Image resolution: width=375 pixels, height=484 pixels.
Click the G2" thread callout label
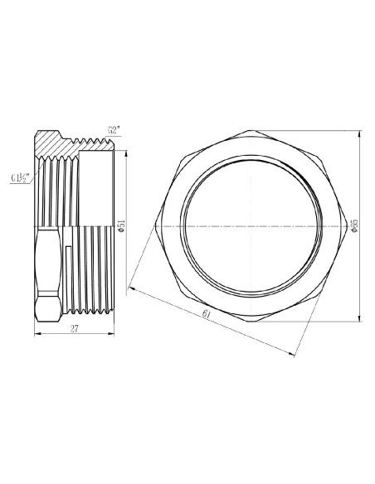pyautogui.click(x=114, y=129)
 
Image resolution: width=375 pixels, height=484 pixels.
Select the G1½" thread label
pyautogui.click(x=22, y=177)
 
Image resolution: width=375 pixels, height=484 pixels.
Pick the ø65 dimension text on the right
pyautogui.click(x=354, y=226)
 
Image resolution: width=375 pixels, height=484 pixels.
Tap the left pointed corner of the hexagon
pyautogui.click(x=156, y=225)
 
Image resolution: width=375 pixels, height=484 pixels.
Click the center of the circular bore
pyautogui.click(x=251, y=225)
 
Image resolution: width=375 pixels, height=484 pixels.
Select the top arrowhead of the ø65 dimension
pyautogui.click(x=359, y=133)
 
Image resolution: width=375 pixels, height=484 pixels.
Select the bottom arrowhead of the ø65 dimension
pyautogui.click(x=359, y=318)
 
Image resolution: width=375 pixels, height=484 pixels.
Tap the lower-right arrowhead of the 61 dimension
pyautogui.click(x=293, y=355)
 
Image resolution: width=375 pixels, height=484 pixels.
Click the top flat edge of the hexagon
pyautogui.click(x=251, y=130)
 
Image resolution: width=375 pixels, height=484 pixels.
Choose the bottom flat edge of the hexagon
pyautogui.click(x=251, y=321)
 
